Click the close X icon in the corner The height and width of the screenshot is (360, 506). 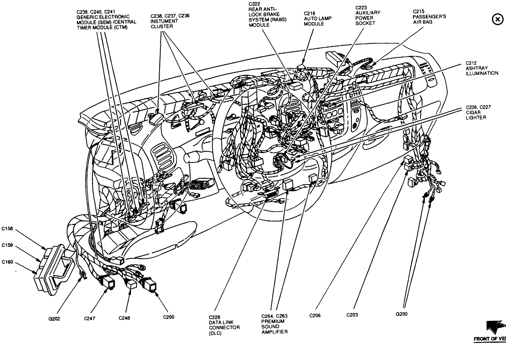pyautogui.click(x=497, y=19)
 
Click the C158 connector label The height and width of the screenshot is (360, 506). pyautogui.click(x=7, y=227)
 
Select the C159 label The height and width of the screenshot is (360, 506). pyautogui.click(x=7, y=245)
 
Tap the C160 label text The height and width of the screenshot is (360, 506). pyautogui.click(x=7, y=262)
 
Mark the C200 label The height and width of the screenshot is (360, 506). pyautogui.click(x=169, y=316)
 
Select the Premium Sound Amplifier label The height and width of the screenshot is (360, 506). pyautogui.click(x=275, y=324)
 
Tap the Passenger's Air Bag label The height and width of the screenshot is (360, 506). pyautogui.click(x=429, y=17)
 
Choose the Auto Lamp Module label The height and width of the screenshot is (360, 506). pyautogui.click(x=314, y=18)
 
